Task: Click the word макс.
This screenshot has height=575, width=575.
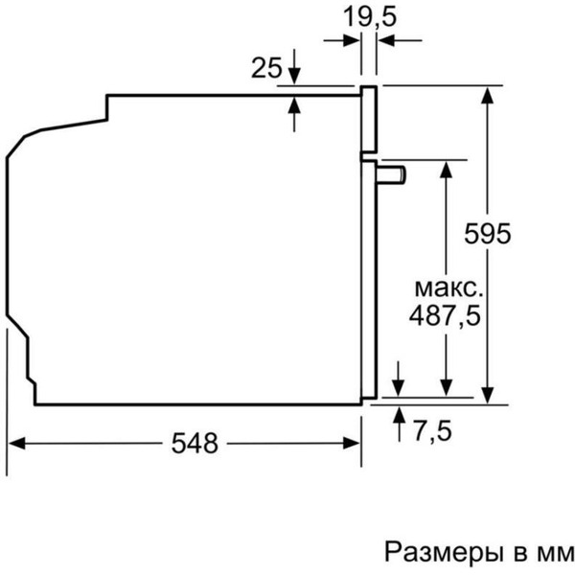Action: pyautogui.click(x=448, y=287)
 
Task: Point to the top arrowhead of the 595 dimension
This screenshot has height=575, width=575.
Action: pyautogui.click(x=489, y=94)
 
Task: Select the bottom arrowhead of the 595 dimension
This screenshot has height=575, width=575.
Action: pyautogui.click(x=489, y=390)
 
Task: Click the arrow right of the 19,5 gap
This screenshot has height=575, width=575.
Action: pyautogui.click(x=386, y=39)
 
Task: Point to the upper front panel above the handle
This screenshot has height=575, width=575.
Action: pyautogui.click(x=369, y=120)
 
